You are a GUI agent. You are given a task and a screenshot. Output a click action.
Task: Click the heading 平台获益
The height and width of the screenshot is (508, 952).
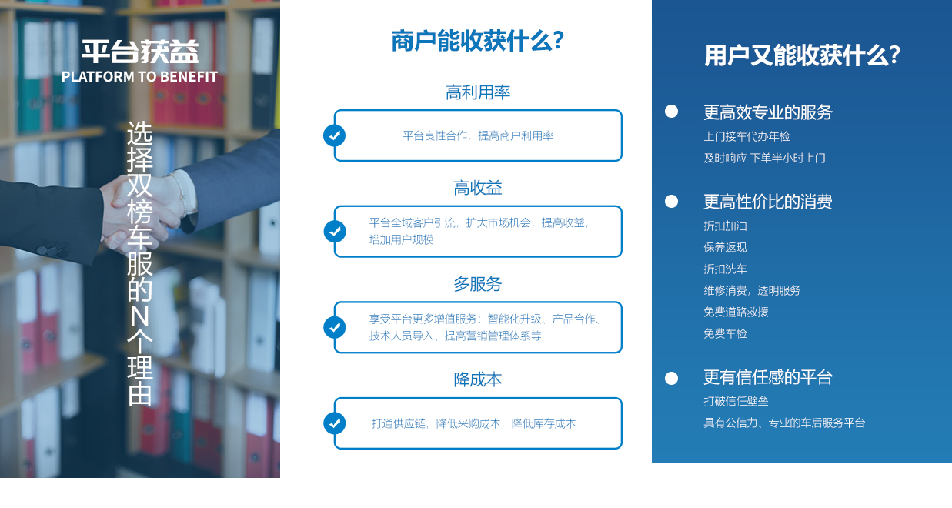[x=140, y=52]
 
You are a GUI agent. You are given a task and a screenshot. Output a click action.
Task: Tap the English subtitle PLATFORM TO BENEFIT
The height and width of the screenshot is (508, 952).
[x=139, y=77]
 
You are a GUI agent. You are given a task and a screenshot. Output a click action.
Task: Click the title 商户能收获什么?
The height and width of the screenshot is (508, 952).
[x=477, y=42]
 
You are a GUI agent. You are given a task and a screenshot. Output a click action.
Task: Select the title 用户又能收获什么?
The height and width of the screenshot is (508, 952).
[x=802, y=55]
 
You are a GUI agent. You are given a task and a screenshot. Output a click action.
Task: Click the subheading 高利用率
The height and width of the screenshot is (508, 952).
[x=478, y=92]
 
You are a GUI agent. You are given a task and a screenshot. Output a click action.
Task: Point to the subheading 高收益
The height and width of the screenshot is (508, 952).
[x=478, y=188]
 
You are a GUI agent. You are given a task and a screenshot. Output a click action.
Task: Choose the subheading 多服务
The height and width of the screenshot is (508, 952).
[x=478, y=284]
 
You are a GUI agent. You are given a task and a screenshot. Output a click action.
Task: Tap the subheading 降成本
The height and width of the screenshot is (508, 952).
[x=478, y=379]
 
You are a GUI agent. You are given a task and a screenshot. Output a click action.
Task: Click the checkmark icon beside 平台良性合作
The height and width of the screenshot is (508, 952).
[x=335, y=135]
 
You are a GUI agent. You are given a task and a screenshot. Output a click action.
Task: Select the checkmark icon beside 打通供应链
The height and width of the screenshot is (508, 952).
[x=335, y=423]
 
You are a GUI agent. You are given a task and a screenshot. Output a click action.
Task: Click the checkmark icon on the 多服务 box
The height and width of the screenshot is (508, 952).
[x=335, y=327]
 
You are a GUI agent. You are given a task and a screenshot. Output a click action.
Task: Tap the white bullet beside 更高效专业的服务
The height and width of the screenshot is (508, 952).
[x=672, y=112]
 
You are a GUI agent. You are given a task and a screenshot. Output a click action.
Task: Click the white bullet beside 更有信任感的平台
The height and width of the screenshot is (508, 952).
[x=672, y=378]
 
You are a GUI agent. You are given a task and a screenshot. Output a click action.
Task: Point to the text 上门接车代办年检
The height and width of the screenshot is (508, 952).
[x=747, y=136]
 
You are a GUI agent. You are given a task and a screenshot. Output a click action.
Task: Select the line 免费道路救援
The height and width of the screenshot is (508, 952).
[x=736, y=312]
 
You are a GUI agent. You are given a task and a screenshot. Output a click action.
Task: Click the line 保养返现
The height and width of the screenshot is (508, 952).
[x=725, y=247]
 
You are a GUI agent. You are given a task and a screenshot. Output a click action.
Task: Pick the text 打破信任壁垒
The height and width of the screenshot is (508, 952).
[x=736, y=401]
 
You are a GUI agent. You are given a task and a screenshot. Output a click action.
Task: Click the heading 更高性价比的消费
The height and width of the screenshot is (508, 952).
[x=767, y=202]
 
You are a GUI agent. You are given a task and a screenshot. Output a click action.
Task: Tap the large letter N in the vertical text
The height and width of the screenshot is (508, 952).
[x=139, y=316]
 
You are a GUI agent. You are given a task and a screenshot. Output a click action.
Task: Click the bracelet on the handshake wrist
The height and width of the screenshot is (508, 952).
[x=180, y=193]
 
